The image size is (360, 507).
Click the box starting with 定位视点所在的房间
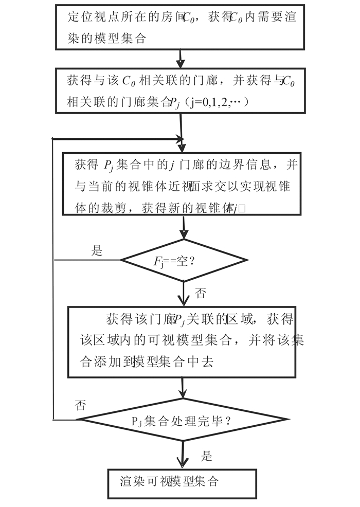point(179,27)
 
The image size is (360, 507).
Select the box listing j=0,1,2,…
point(179,91)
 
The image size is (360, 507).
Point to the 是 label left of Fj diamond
point(97,251)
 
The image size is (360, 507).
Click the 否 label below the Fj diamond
point(201,294)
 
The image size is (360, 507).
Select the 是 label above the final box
point(206,456)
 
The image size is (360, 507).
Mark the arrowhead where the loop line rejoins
point(179,139)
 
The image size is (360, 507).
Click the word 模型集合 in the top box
point(126,39)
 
